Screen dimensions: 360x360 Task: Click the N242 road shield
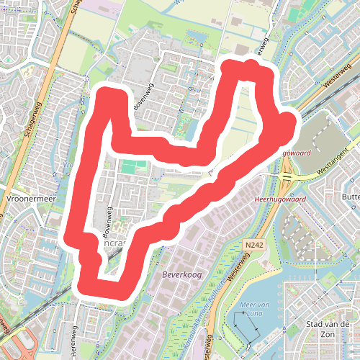pos(253,246)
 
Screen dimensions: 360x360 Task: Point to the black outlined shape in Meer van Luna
pos(246,328)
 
